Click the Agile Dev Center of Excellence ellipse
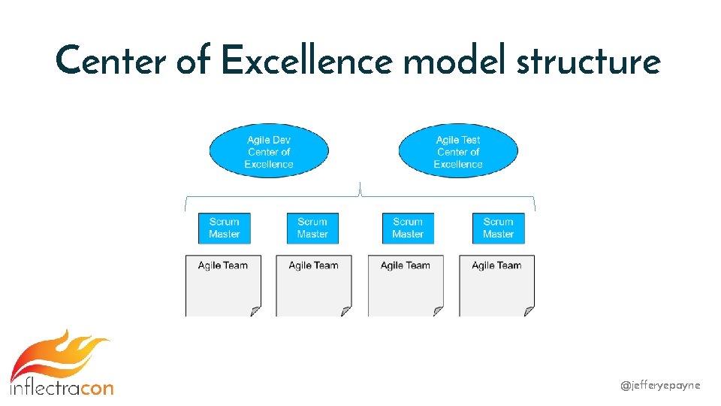pyautogui.click(x=269, y=152)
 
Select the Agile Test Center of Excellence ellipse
pyautogui.click(x=458, y=152)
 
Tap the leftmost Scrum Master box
pyautogui.click(x=224, y=228)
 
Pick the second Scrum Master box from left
pyautogui.click(x=312, y=228)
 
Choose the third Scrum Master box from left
pyautogui.click(x=408, y=228)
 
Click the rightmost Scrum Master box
pyautogui.click(x=498, y=228)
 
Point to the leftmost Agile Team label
pyautogui.click(x=223, y=265)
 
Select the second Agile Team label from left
pyautogui.click(x=313, y=265)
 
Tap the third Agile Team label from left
pyautogui.click(x=406, y=265)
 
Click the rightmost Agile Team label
pyautogui.click(x=496, y=265)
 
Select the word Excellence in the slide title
pyautogui.click(x=306, y=60)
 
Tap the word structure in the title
pyautogui.click(x=588, y=60)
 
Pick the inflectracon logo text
pyautogui.click(x=62, y=388)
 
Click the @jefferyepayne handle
pyautogui.click(x=660, y=385)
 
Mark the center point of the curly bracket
pyautogui.click(x=361, y=189)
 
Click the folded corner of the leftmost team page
pyautogui.click(x=255, y=311)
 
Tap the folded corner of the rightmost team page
pyautogui.click(x=529, y=311)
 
